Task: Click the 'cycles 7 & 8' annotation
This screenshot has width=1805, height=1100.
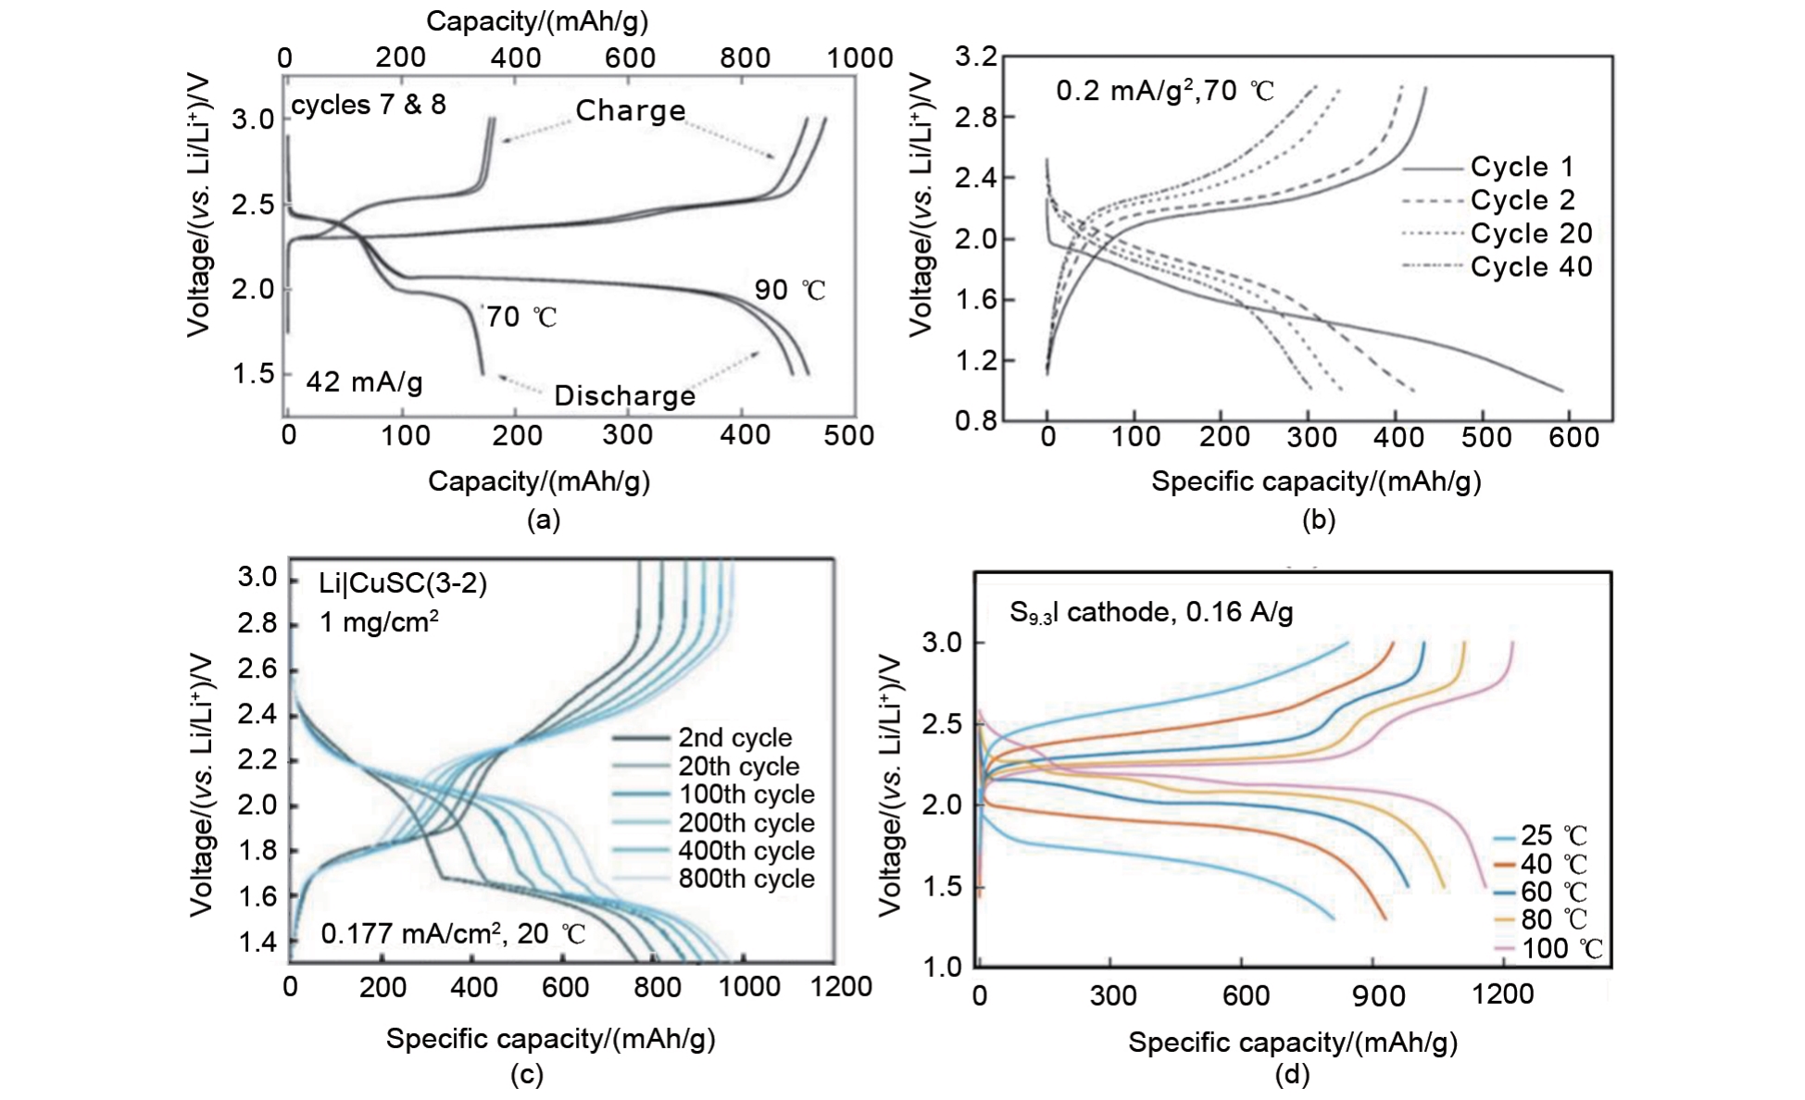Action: [368, 105]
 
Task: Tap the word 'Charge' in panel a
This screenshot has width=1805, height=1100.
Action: [631, 110]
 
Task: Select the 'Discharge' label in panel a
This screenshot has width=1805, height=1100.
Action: [624, 395]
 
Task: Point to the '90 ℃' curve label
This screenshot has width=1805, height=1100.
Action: [789, 290]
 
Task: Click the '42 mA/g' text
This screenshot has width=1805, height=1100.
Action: [364, 381]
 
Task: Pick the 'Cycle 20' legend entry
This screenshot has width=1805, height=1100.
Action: [1531, 233]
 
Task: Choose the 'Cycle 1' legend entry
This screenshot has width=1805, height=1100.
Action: [1522, 167]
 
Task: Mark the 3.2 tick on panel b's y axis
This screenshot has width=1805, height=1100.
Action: [976, 57]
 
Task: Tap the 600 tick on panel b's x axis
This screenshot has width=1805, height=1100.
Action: [1573, 437]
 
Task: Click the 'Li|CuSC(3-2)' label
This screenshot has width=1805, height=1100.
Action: [403, 583]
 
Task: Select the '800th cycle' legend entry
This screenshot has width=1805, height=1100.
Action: [746, 879]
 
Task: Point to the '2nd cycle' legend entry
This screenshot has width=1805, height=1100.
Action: [734, 738]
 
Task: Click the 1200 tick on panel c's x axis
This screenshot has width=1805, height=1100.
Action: [841, 987]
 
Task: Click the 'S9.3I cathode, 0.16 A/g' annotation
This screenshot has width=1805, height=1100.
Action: [1150, 612]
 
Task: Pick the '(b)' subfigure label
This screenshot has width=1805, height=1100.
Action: [1318, 519]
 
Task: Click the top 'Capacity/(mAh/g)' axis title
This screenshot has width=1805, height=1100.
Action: [537, 21]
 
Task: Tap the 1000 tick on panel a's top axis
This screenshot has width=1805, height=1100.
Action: [859, 57]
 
